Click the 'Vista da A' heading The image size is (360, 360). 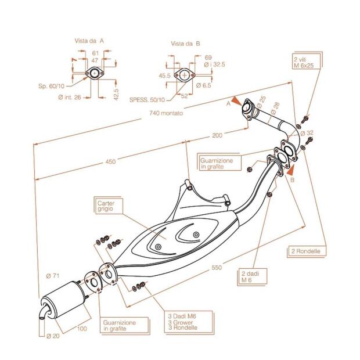[x=89, y=41]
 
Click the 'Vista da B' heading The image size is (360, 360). [x=186, y=44]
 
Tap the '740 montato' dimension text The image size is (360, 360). [x=167, y=113]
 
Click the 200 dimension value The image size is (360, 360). [x=217, y=136]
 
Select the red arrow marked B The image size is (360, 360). [x=290, y=170]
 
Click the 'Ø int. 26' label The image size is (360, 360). [x=71, y=96]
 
